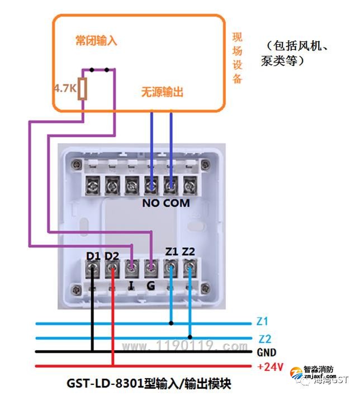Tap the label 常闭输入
click(x=97, y=41)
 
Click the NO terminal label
click(x=151, y=203)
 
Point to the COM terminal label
click(x=177, y=203)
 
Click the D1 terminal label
click(x=93, y=256)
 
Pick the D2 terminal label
click(x=112, y=256)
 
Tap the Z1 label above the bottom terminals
click(x=170, y=252)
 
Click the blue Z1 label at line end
click(x=262, y=322)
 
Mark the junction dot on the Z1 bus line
click(x=171, y=323)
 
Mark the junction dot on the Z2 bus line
click(x=191, y=337)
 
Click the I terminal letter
click(x=131, y=286)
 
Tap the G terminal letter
click(x=150, y=286)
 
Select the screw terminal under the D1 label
click(x=93, y=270)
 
